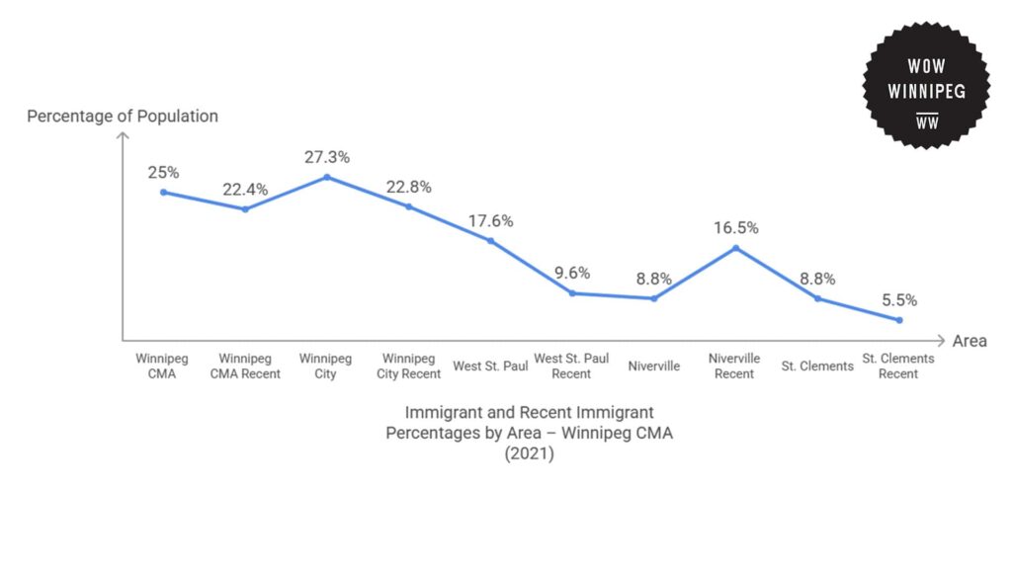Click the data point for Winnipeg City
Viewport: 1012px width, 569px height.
pyautogui.click(x=326, y=177)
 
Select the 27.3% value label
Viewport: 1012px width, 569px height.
pyautogui.click(x=326, y=157)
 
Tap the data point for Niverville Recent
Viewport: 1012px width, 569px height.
pyautogui.click(x=735, y=248)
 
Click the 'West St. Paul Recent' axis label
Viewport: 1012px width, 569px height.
pyautogui.click(x=571, y=366)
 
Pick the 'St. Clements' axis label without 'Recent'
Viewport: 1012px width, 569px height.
pyautogui.click(x=817, y=366)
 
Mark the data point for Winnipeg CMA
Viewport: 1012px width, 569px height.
pyautogui.click(x=163, y=192)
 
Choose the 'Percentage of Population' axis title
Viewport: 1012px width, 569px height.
pyautogui.click(x=123, y=117)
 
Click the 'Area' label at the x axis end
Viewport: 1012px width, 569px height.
pyautogui.click(x=970, y=341)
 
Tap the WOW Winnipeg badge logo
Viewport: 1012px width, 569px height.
pyautogui.click(x=926, y=85)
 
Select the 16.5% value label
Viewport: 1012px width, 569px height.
pyautogui.click(x=735, y=227)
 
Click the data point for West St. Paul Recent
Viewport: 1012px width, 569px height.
pyautogui.click(x=572, y=292)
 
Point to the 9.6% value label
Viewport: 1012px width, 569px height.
pyautogui.click(x=572, y=273)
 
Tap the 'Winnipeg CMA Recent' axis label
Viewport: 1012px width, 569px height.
pyautogui.click(x=245, y=366)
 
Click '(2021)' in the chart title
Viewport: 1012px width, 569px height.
pyautogui.click(x=529, y=453)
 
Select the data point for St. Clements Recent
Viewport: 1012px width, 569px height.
pyautogui.click(x=898, y=320)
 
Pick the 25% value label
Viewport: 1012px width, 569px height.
pyautogui.click(x=163, y=172)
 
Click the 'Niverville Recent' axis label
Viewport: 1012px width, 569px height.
pyautogui.click(x=734, y=366)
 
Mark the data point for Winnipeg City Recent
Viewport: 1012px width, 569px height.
pyautogui.click(x=408, y=206)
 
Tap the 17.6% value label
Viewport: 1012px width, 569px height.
pyautogui.click(x=490, y=220)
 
